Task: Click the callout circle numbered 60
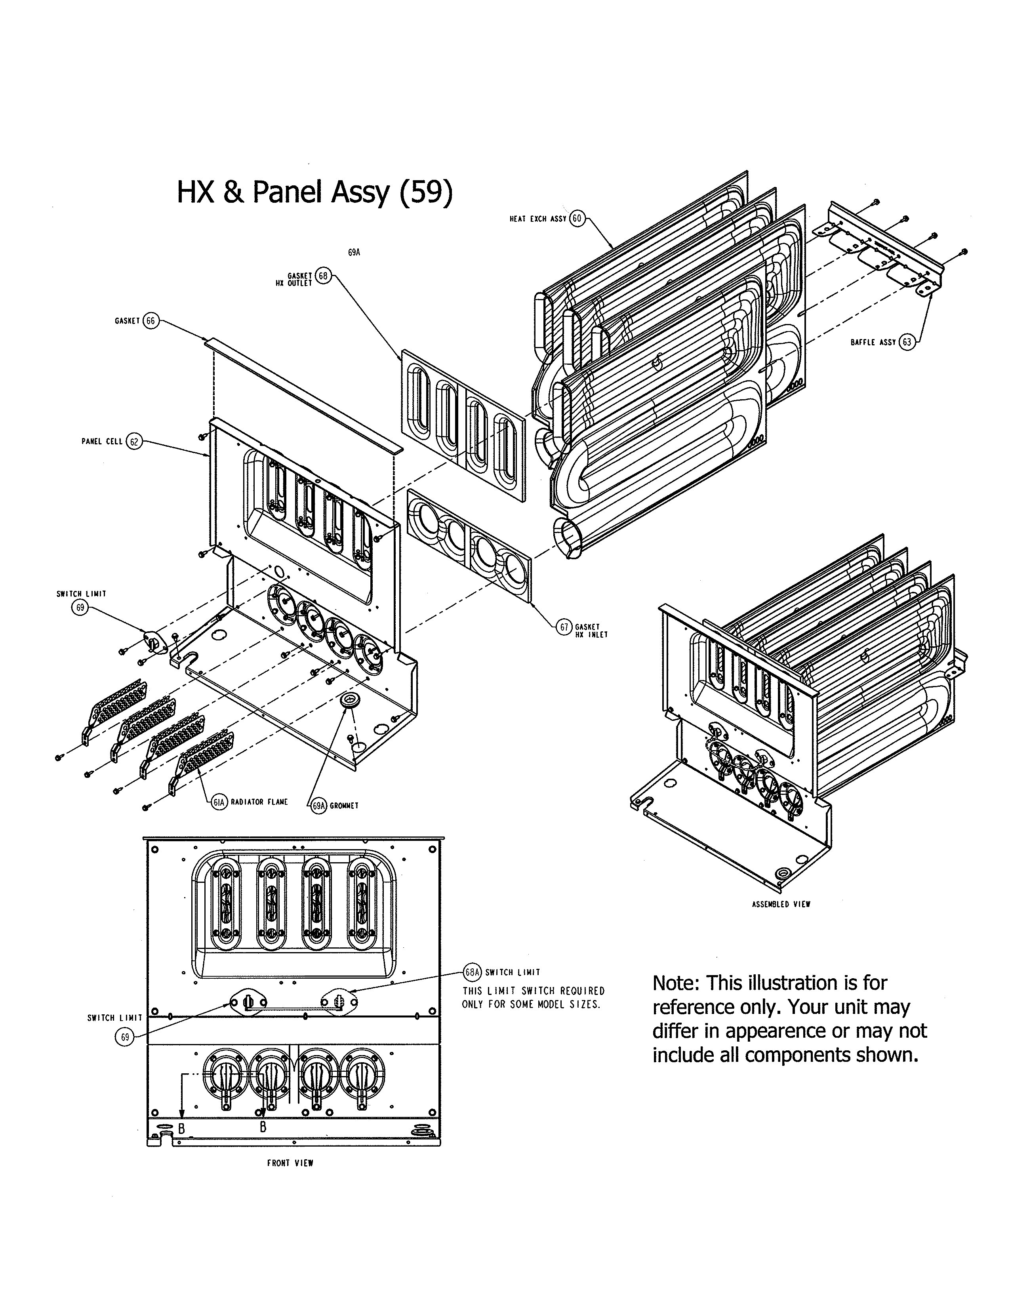(576, 219)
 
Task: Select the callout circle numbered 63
(907, 342)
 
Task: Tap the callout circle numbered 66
(150, 321)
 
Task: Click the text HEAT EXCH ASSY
(537, 219)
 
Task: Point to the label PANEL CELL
(102, 442)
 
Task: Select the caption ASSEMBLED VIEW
(781, 904)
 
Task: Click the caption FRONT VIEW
(290, 1179)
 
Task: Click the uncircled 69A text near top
(354, 253)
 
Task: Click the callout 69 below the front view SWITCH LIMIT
(124, 1037)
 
